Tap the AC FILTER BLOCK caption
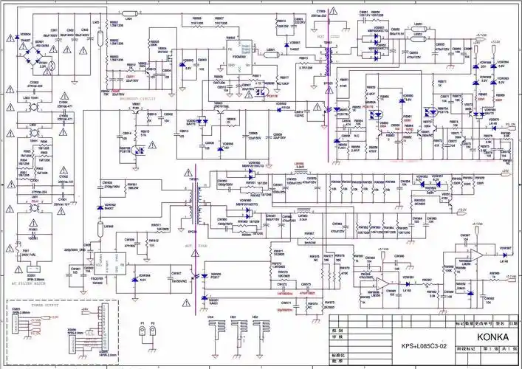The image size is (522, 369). [32, 285]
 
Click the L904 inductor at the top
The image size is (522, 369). [127, 18]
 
